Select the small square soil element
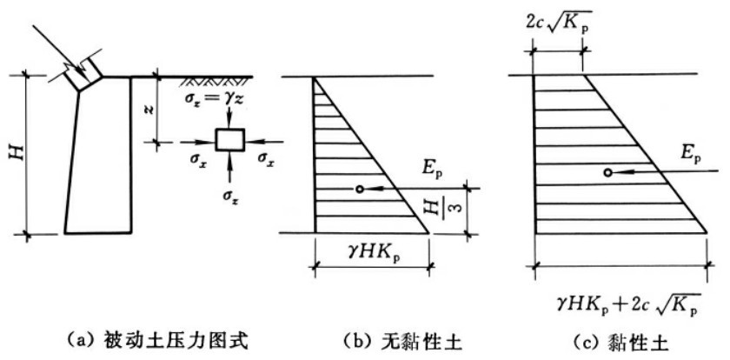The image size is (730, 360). tap(229, 140)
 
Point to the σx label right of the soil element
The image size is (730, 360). tap(266, 158)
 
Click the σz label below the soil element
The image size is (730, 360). tap(229, 195)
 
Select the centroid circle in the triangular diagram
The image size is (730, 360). tap(360, 189)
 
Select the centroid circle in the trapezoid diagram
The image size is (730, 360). tap(607, 172)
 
